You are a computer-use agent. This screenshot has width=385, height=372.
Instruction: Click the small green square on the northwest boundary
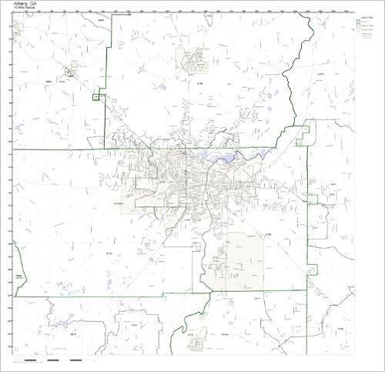(96, 97)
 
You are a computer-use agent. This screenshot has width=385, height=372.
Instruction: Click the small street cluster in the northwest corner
(70, 75)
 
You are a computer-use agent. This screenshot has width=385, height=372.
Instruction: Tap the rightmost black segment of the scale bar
(75, 360)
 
